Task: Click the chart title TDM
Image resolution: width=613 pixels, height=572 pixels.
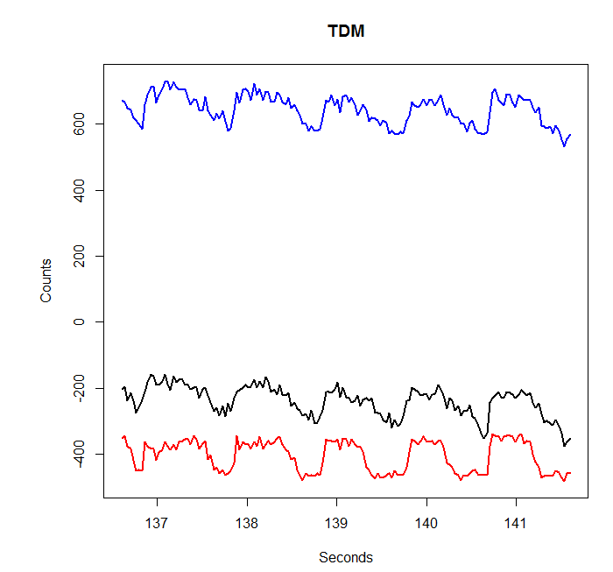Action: (x=346, y=32)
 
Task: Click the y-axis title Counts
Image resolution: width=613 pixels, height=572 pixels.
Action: (x=46, y=280)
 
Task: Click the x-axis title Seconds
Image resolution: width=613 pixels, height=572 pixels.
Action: (x=346, y=557)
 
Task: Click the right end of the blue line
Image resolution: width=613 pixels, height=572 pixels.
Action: (x=570, y=135)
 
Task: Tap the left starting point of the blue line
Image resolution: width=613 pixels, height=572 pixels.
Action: (x=122, y=101)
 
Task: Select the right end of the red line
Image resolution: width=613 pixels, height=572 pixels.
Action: (x=570, y=473)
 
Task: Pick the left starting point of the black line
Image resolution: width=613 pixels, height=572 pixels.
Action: (x=122, y=388)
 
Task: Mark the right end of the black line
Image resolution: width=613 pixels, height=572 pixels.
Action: (x=570, y=439)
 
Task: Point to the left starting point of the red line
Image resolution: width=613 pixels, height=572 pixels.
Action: (x=122, y=437)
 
